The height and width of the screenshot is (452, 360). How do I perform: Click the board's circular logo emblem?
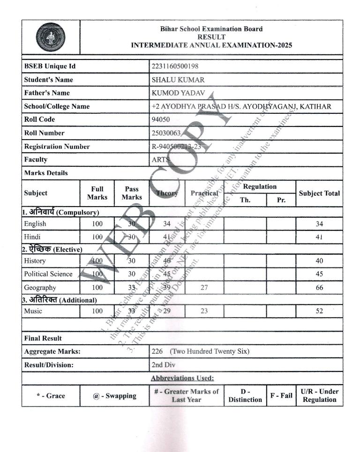click(51, 37)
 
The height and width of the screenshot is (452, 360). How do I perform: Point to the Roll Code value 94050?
click(160, 119)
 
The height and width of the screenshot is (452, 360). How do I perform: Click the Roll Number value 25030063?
click(166, 133)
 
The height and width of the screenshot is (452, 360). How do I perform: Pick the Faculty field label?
click(36, 159)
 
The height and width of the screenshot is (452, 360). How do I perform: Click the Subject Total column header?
click(319, 193)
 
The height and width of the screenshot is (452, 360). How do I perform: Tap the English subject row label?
click(35, 224)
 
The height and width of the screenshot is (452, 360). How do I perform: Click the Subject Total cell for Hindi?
click(319, 237)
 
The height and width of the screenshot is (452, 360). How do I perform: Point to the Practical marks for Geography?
click(204, 288)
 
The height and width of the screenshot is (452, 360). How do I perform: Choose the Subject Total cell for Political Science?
click(319, 274)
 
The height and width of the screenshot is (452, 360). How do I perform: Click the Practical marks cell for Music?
click(204, 311)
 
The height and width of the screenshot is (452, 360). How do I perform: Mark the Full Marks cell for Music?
click(97, 311)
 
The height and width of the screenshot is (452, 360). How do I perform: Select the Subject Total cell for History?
click(319, 261)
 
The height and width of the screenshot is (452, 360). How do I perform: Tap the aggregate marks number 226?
click(158, 351)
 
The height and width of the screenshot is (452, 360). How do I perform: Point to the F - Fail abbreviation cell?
click(281, 396)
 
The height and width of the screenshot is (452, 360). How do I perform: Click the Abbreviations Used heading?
click(182, 378)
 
